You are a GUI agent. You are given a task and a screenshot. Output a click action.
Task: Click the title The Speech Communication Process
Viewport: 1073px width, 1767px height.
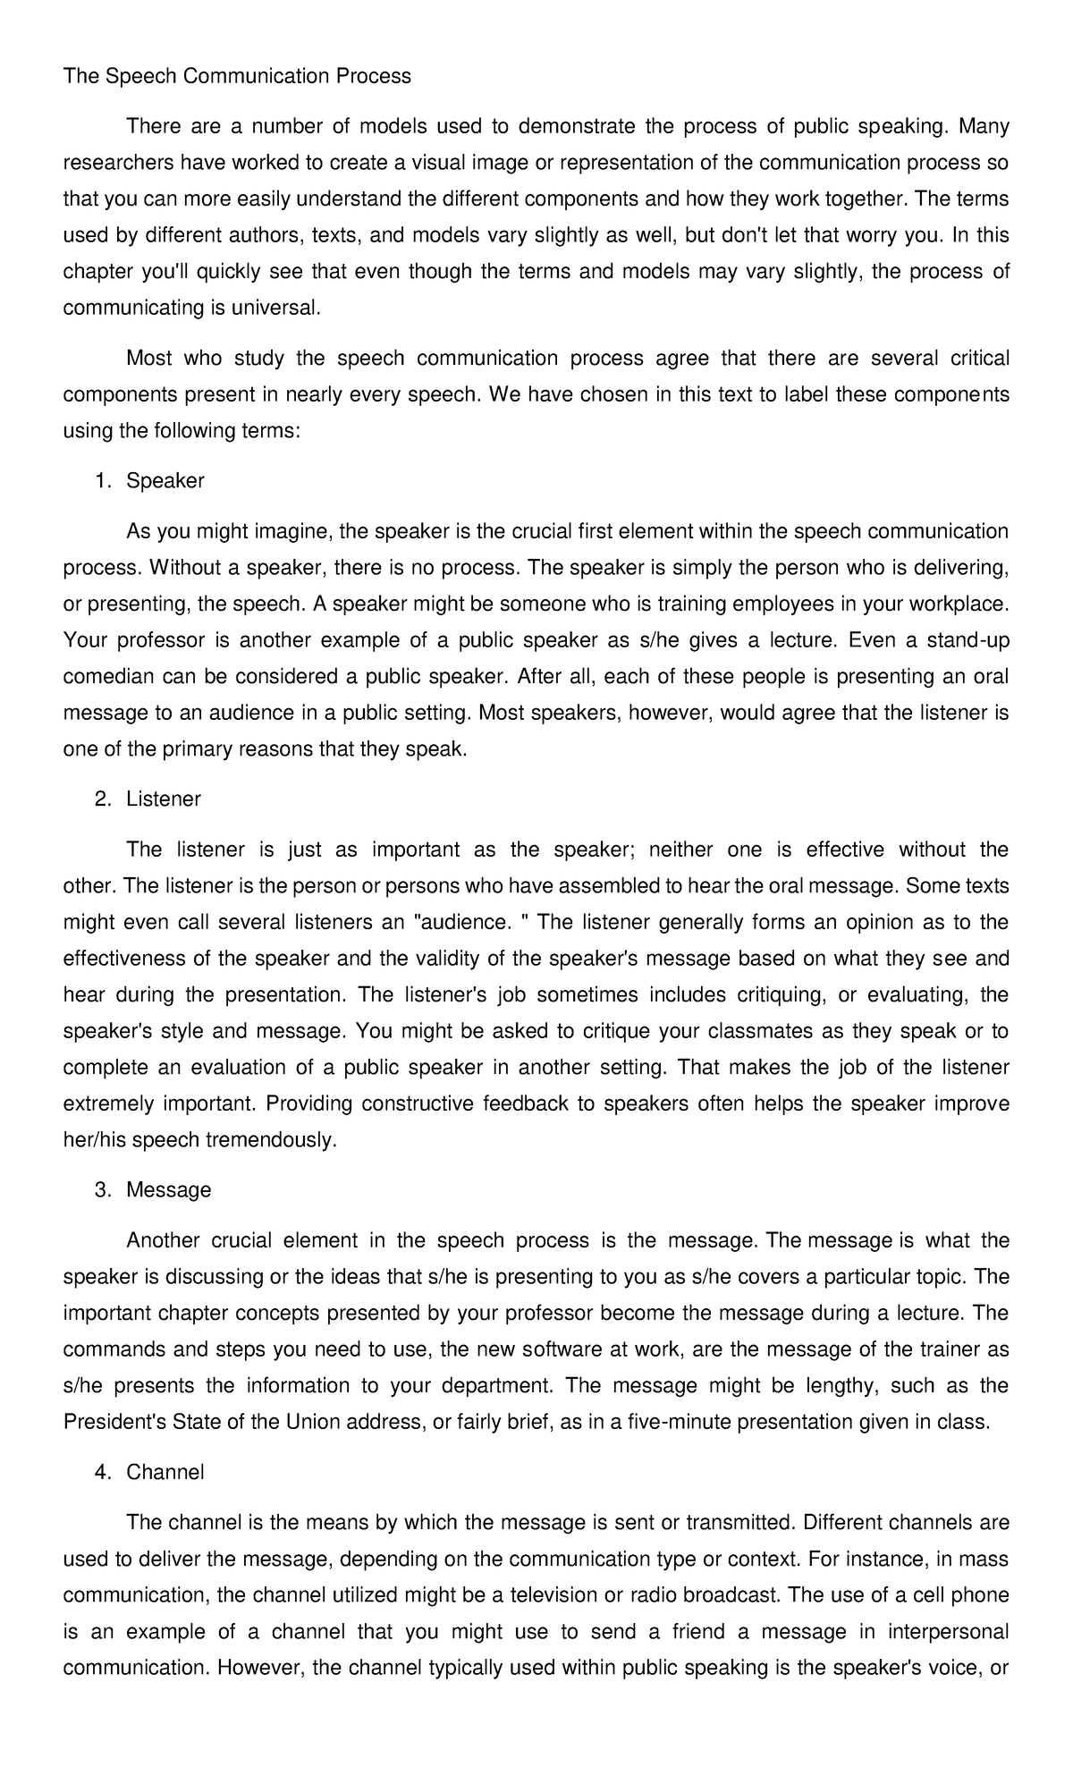[x=237, y=76]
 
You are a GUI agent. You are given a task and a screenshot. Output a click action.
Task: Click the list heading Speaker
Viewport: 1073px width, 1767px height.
[x=165, y=480]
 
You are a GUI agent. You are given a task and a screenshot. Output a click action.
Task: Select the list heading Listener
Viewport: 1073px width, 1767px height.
[x=164, y=799]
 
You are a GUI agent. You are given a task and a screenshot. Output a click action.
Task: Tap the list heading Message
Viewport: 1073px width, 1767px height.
[x=169, y=1189]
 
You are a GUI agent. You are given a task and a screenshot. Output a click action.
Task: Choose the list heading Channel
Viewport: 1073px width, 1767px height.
[x=165, y=1472]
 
